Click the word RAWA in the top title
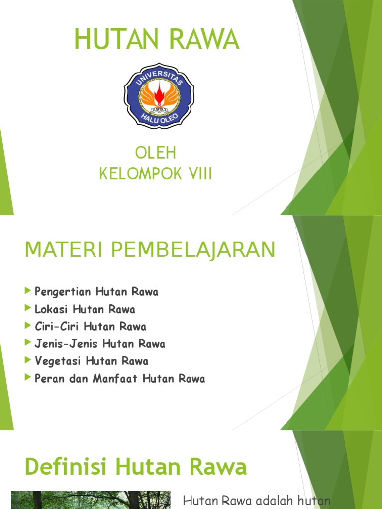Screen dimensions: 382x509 (x=204, y=39)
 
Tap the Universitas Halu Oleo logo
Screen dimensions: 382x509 (x=159, y=96)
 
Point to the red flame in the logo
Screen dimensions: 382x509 (x=159, y=94)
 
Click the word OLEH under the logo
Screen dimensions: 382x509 (x=156, y=153)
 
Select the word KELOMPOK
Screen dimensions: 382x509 (x=141, y=173)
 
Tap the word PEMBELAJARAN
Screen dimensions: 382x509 (x=193, y=251)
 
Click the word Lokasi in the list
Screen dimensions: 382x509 (x=51, y=309)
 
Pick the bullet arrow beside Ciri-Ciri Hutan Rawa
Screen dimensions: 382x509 (x=28, y=325)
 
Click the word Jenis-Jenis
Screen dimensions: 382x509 (x=66, y=343)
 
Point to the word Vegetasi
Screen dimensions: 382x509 (x=58, y=361)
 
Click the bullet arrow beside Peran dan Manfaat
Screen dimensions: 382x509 (x=28, y=377)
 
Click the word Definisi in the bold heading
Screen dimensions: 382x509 (x=66, y=466)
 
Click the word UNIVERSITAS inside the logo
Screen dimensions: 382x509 (x=159, y=77)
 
